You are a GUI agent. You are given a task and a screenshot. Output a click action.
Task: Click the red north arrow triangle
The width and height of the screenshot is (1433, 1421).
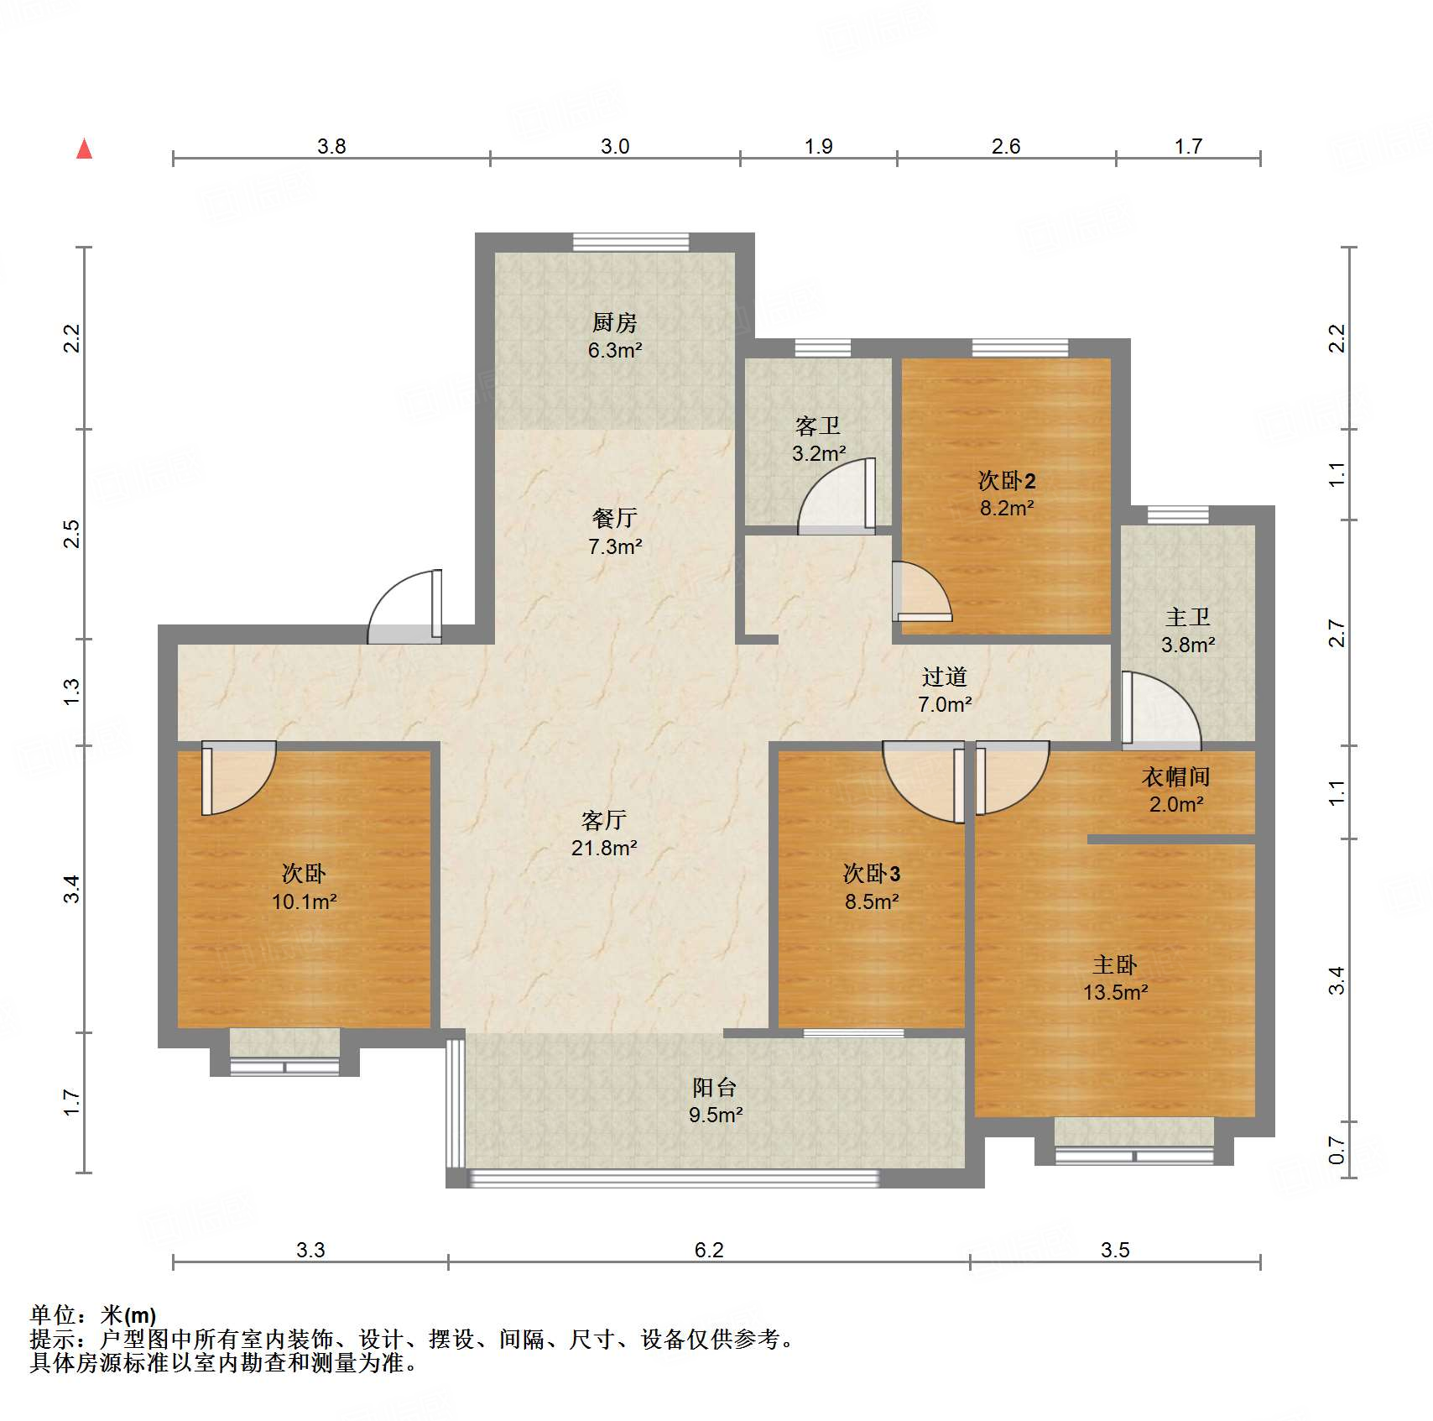tap(84, 149)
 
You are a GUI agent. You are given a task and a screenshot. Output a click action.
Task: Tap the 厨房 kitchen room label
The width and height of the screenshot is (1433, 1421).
tap(614, 322)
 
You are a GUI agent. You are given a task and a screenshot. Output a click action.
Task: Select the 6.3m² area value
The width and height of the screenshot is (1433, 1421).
tap(615, 350)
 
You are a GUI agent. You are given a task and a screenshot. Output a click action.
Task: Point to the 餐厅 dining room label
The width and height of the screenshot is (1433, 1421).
tap(614, 519)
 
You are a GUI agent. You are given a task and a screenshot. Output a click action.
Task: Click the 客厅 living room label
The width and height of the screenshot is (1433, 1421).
tap(604, 820)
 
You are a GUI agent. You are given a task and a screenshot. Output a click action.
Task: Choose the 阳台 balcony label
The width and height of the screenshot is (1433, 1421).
tap(715, 1088)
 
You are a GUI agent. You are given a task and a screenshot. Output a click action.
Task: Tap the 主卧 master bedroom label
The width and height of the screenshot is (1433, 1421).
tap(1115, 965)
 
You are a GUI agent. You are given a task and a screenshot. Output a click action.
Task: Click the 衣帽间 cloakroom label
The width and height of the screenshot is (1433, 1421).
tap(1175, 777)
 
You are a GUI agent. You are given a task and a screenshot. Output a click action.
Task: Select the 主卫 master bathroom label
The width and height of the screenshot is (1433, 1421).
tap(1188, 618)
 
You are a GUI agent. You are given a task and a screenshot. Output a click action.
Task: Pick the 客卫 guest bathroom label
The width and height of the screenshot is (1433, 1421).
tap(818, 426)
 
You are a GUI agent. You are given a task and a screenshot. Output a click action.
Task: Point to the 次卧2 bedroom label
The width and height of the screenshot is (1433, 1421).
tap(1007, 481)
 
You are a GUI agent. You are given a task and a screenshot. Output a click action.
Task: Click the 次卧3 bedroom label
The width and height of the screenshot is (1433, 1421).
tap(872, 874)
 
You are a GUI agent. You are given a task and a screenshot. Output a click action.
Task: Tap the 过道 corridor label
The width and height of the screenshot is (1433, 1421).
tap(945, 677)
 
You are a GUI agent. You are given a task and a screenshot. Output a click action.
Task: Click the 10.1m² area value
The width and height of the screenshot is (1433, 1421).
tap(304, 902)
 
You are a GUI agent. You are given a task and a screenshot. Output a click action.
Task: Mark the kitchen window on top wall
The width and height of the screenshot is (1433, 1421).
tap(631, 243)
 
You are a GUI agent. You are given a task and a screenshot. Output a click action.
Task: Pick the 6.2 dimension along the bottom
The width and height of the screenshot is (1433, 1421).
tap(709, 1251)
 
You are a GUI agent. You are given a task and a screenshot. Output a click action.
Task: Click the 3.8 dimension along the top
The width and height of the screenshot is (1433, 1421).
tap(331, 147)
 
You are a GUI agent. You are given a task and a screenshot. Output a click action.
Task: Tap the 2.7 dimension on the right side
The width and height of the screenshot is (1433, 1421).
tap(1337, 633)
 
